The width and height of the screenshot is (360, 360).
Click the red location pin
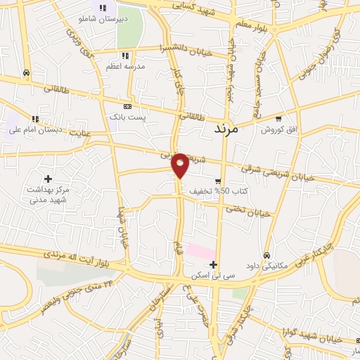click(181, 164)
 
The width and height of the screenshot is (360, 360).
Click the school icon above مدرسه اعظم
click(125, 56)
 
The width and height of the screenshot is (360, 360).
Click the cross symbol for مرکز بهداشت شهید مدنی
click(48, 180)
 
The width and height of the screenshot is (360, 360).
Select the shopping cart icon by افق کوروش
click(278, 119)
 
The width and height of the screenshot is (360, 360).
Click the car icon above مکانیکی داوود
click(267, 255)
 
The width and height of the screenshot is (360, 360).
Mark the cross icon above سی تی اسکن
click(214, 264)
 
